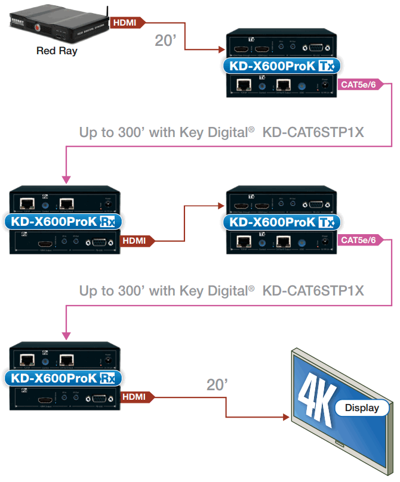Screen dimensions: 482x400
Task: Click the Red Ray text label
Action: (x=57, y=51)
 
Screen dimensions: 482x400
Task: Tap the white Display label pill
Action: (x=362, y=408)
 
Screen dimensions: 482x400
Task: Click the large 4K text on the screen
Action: (x=319, y=399)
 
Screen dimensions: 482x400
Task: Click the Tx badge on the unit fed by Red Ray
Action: (x=325, y=66)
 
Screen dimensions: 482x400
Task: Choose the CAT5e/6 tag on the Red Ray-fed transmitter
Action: (x=358, y=85)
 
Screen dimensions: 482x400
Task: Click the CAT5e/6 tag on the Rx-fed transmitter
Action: (x=358, y=240)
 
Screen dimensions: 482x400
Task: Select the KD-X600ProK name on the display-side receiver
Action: (x=54, y=378)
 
